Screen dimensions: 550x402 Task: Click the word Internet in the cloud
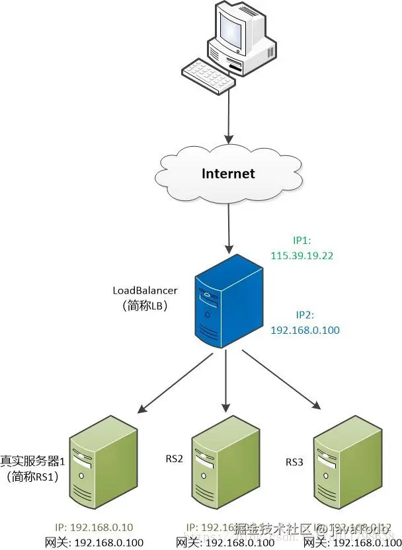(x=227, y=174)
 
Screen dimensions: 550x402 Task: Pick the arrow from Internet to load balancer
(x=228, y=228)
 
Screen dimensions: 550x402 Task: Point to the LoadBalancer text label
(x=144, y=291)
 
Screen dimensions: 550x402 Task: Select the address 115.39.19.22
(x=301, y=253)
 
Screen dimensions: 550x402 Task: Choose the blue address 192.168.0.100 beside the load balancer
(x=306, y=330)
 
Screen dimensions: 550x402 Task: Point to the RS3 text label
(x=294, y=461)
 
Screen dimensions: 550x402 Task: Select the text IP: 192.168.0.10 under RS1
(x=95, y=527)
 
